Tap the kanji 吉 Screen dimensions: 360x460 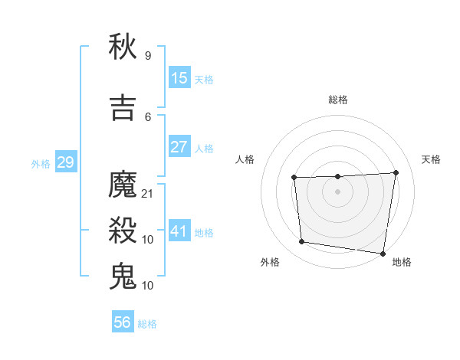coord(123,106)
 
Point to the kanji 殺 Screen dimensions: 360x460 coord(123,230)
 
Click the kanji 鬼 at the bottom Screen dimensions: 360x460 coord(123,275)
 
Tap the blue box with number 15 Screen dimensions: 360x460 coord(179,78)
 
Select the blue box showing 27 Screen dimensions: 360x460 coord(179,147)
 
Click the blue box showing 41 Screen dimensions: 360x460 coord(179,231)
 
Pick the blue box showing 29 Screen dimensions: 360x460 coord(65,162)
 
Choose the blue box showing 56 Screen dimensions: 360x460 coord(123,322)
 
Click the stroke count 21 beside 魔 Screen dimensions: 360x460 coord(148,194)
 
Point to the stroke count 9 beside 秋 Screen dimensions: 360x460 coord(148,56)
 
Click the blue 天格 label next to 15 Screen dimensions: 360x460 coord(204,80)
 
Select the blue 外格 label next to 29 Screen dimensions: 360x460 coord(41,164)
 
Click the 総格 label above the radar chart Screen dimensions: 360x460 coord(337,100)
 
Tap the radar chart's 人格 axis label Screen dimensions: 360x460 coord(245,159)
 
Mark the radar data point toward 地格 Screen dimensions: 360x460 coord(383,254)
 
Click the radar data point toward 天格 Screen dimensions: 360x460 coord(396,172)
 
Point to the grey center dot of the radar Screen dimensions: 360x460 coord(337,191)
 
